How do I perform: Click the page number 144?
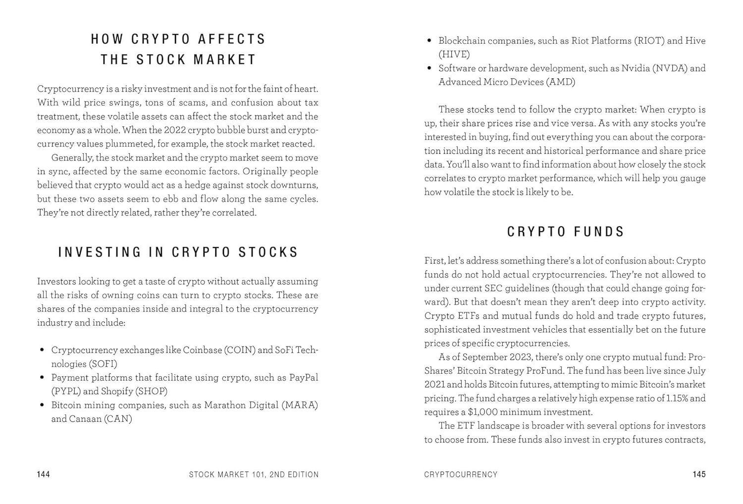[x=44, y=474]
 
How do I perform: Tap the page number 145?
[x=699, y=474]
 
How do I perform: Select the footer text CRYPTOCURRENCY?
[x=461, y=474]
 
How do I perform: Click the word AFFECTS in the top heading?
[x=232, y=39]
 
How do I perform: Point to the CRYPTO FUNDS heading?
[x=566, y=232]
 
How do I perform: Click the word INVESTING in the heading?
[x=100, y=252]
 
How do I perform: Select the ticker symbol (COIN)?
[x=240, y=350]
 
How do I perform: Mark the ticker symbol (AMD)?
[x=561, y=82]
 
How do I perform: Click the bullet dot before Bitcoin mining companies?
[x=42, y=405]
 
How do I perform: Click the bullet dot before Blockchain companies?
[x=429, y=41]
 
